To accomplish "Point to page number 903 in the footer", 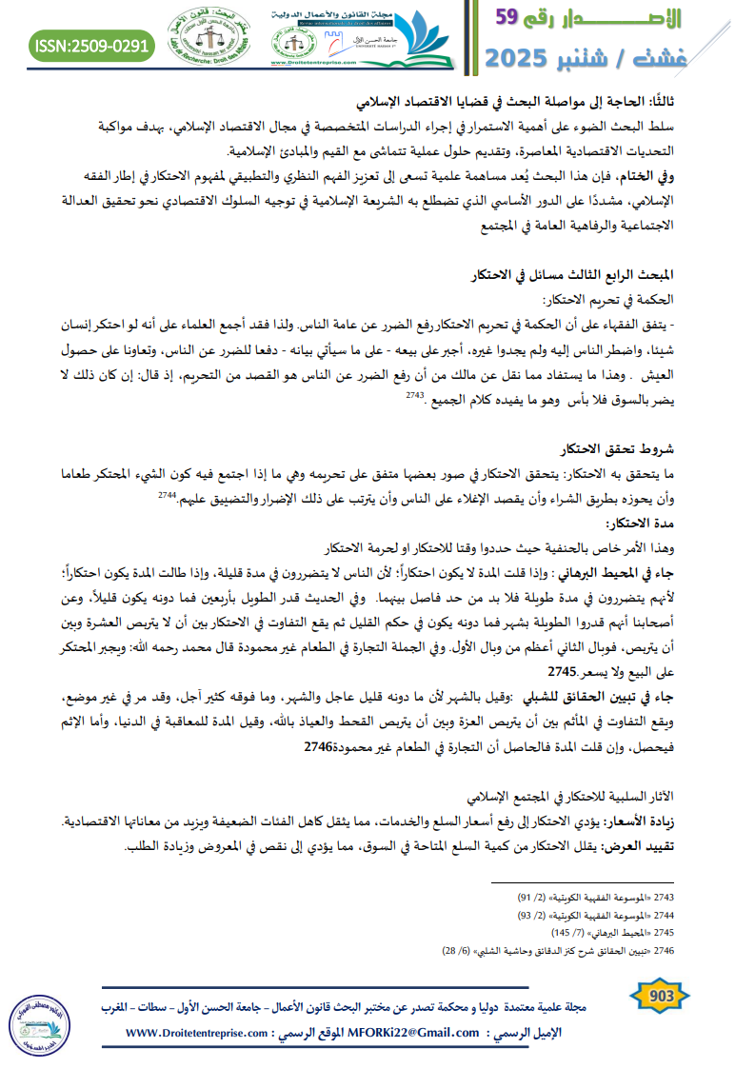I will click(x=660, y=997).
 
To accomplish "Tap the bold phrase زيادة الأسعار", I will click(x=642, y=821).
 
